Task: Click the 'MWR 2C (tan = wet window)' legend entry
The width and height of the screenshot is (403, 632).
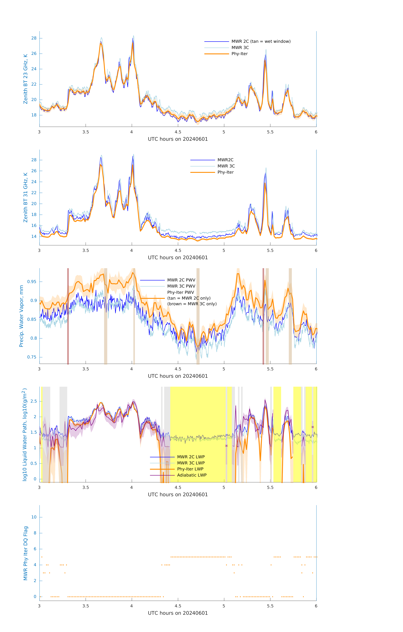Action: [261, 42]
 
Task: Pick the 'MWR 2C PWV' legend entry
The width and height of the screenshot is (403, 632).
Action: [181, 280]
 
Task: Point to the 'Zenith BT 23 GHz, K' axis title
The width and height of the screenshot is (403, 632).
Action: [25, 79]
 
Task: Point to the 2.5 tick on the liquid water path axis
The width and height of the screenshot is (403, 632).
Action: [34, 401]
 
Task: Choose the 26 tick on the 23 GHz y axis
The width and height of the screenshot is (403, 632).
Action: [34, 54]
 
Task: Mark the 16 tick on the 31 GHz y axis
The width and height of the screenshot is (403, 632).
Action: [34, 225]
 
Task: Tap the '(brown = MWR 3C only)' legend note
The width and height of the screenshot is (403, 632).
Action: [192, 304]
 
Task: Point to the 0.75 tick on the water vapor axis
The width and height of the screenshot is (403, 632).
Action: [32, 357]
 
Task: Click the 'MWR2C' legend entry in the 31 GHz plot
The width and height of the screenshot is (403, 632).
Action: [225, 160]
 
